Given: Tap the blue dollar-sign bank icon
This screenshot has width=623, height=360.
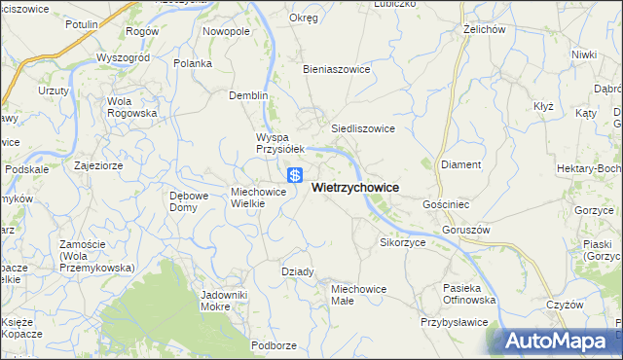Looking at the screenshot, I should (x=295, y=176).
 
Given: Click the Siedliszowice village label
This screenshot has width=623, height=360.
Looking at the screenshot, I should (x=363, y=127).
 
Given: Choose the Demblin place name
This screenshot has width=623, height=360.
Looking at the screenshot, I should (x=247, y=96).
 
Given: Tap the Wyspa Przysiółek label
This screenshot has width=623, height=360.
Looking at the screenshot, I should (x=280, y=143).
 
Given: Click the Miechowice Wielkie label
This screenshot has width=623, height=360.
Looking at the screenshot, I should (x=258, y=198).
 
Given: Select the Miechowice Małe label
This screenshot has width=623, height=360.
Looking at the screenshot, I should (x=359, y=295).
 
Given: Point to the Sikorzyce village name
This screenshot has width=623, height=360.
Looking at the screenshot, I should (x=403, y=242).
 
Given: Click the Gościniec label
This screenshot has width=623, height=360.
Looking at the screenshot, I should (x=447, y=206).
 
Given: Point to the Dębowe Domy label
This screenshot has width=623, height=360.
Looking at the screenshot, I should (x=189, y=201).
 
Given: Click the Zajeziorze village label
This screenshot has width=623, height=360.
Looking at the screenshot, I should (x=97, y=165).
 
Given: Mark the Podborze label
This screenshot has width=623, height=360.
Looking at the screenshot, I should (x=274, y=345).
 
